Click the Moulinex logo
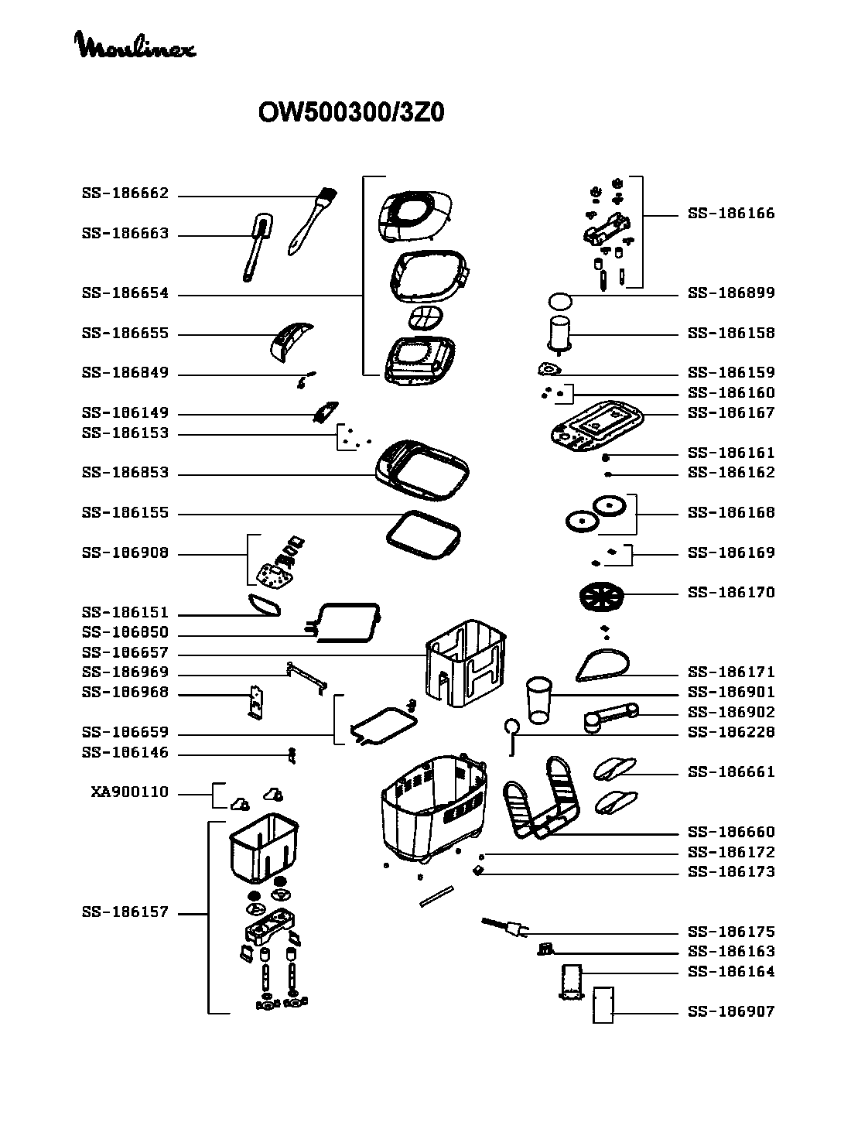tap(135, 46)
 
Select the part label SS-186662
tap(125, 193)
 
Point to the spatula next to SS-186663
tap(255, 247)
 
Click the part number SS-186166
tap(731, 214)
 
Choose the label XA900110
tap(130, 792)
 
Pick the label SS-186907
tap(731, 1011)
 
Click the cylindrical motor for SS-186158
tap(559, 333)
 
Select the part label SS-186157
tap(125, 912)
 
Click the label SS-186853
tap(125, 473)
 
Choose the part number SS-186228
tap(731, 732)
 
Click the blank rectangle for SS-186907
tap(603, 1005)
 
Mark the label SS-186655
tap(125, 334)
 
